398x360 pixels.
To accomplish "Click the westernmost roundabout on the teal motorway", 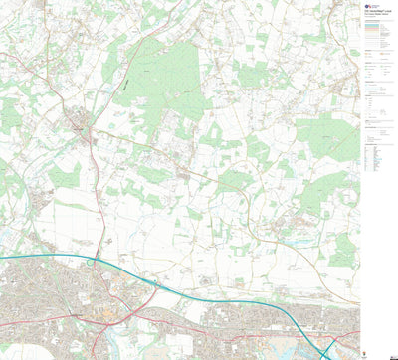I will click(92, 264).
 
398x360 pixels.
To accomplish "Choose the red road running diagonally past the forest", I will click(139, 60).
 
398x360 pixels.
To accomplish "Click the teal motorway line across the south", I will click(199, 293).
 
